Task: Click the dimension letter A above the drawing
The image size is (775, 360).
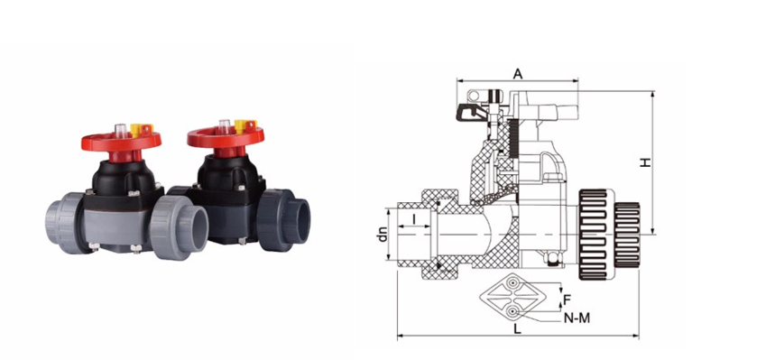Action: click(518, 74)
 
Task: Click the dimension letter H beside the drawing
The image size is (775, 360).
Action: click(645, 162)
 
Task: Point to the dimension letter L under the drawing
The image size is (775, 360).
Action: click(518, 328)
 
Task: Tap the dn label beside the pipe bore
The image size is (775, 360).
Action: click(382, 234)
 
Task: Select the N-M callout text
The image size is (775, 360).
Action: click(577, 318)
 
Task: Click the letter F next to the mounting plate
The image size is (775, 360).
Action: click(567, 300)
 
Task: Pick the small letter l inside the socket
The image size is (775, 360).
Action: click(413, 217)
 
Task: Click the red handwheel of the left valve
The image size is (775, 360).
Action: click(121, 142)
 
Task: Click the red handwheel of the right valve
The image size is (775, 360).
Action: click(226, 137)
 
